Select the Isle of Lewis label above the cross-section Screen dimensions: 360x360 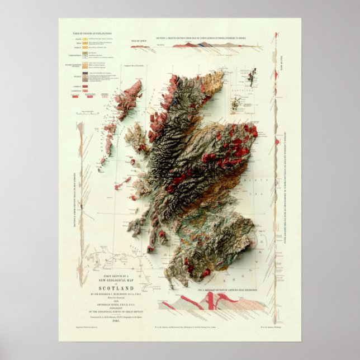tap(138, 41)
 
